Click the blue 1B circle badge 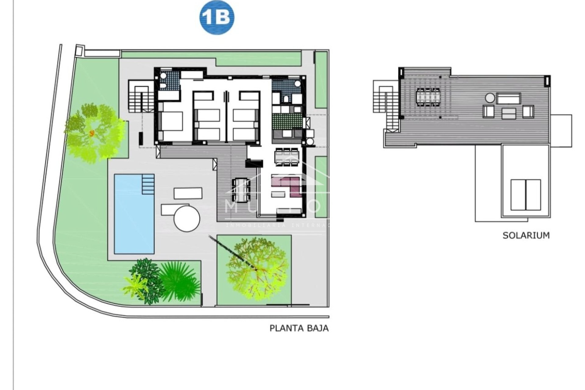click(217, 18)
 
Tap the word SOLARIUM click(526, 236)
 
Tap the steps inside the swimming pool click(148, 184)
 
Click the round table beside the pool click(187, 218)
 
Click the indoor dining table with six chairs click(287, 157)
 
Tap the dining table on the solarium click(428, 97)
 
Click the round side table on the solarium click(490, 98)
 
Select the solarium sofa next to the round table click(509, 98)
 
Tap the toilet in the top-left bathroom click(163, 86)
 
